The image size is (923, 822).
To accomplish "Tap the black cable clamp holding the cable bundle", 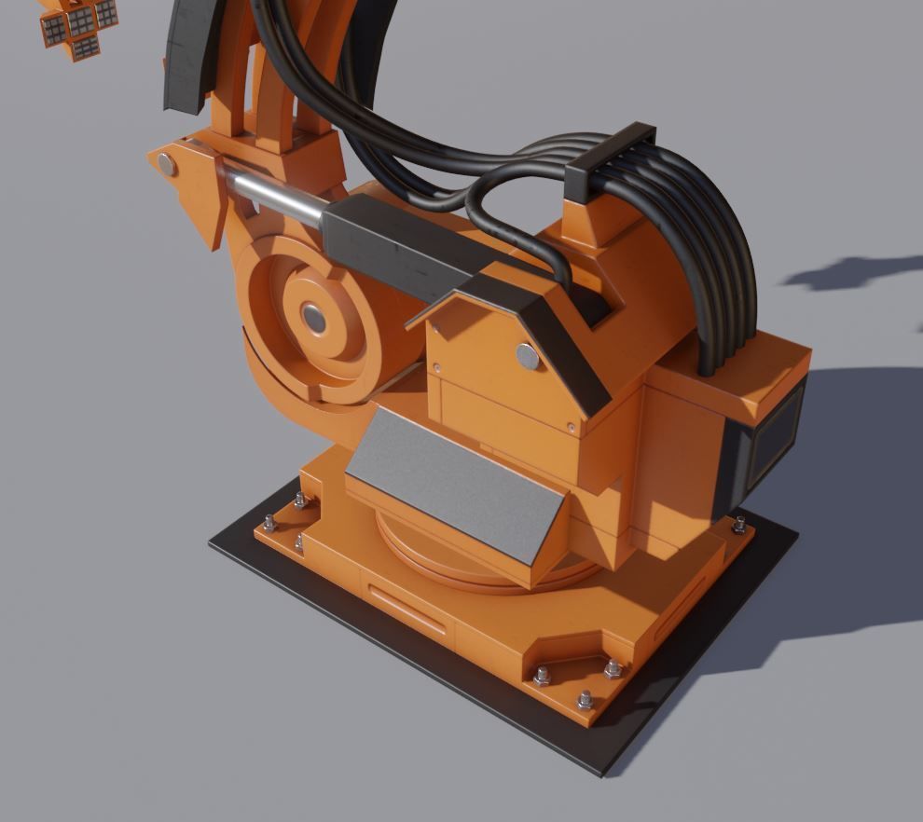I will point(612,160).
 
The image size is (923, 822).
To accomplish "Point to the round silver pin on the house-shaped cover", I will point(528,354).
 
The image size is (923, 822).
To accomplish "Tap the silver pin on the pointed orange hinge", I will point(167,166).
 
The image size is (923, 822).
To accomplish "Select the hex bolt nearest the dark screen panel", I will point(739,524).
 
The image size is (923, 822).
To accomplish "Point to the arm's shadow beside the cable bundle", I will point(853,272).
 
